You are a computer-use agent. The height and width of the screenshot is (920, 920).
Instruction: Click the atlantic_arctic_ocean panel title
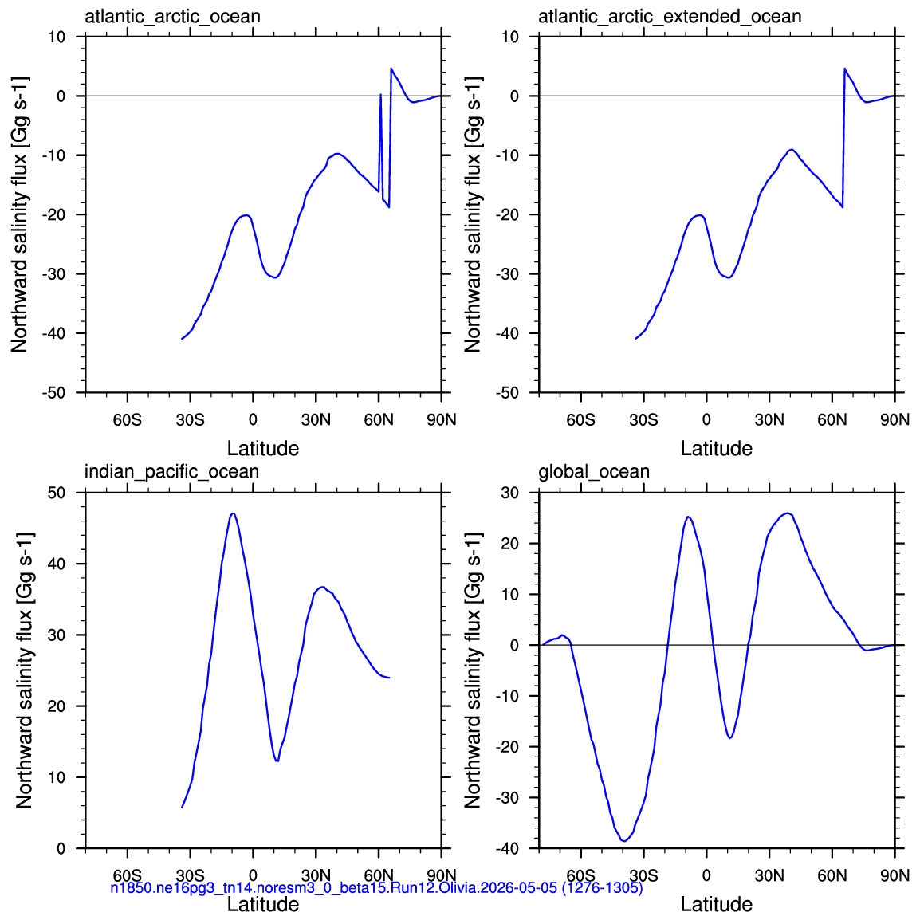(172, 17)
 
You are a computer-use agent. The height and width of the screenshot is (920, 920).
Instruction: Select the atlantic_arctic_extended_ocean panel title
(670, 17)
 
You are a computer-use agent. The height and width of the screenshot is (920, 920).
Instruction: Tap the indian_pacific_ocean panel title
(171, 472)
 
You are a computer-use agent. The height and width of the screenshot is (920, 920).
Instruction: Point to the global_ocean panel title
(594, 472)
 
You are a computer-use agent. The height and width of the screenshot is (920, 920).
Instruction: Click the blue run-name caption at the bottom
(376, 888)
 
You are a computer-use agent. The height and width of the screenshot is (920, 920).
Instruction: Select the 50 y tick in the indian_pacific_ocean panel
(57, 493)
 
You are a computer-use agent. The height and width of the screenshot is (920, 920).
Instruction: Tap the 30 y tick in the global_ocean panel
(510, 493)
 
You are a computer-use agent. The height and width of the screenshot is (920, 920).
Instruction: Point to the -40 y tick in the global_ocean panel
(507, 848)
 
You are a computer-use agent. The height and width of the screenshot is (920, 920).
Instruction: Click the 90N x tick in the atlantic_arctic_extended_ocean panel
(894, 420)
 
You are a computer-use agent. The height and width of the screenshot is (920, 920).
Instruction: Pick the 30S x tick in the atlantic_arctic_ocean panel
(190, 420)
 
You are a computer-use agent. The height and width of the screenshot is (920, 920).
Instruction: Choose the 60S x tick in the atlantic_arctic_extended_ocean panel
(581, 420)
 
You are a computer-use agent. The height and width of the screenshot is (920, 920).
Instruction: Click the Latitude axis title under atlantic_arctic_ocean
(263, 449)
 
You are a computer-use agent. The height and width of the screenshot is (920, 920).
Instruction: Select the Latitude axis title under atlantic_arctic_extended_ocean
(717, 449)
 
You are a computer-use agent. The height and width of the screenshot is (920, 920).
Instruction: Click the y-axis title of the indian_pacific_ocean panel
(24, 670)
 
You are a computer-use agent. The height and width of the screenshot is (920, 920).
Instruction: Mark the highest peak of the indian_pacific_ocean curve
(233, 513)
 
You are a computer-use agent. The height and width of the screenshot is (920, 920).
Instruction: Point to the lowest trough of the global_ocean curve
(624, 841)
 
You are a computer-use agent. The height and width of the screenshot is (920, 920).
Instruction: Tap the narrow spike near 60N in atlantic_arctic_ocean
(381, 94)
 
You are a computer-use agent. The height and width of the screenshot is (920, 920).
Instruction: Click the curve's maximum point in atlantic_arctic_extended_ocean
(845, 69)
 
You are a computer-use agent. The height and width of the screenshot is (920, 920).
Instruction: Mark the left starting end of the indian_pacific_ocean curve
(182, 808)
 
